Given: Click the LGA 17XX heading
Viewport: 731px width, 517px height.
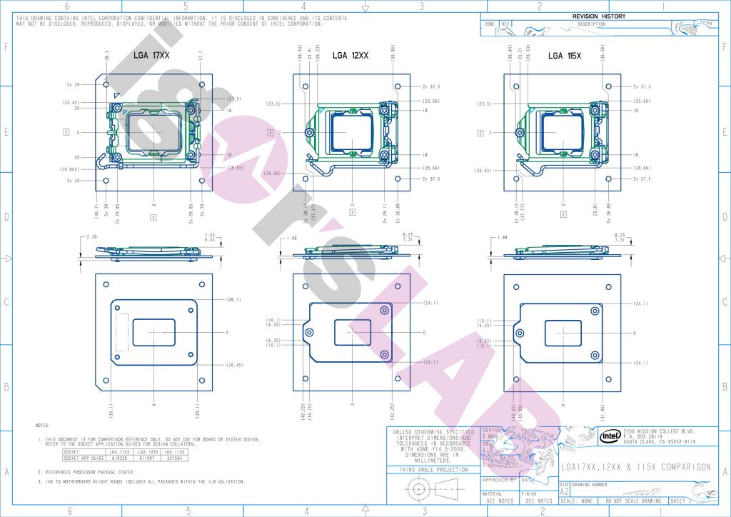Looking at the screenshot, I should tap(156, 55).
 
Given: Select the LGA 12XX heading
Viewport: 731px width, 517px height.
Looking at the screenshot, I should tap(350, 55).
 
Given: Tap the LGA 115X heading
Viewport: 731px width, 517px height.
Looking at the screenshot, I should tap(565, 55).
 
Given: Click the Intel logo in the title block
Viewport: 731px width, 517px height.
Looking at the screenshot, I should tap(609, 436).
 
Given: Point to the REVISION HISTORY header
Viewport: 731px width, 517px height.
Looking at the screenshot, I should tap(598, 16).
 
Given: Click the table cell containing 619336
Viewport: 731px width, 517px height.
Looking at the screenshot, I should tap(119, 458).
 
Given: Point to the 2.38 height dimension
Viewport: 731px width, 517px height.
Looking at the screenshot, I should tap(90, 236).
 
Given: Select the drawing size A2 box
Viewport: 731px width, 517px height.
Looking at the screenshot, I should tap(564, 492).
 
